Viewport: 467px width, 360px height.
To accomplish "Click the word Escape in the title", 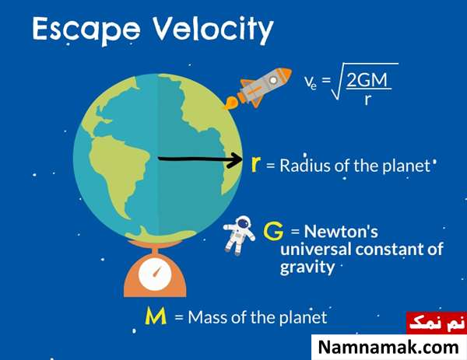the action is tap(86, 30).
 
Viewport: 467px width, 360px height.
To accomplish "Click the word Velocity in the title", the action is tap(213, 29).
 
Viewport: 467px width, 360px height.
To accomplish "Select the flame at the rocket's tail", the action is tap(231, 103).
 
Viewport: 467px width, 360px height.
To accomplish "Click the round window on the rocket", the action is tap(273, 80).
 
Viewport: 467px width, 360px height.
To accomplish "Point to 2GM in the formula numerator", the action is tap(367, 80).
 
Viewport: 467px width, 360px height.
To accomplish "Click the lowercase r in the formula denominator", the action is tap(367, 100).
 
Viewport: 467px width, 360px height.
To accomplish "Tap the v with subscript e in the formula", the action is tap(311, 81).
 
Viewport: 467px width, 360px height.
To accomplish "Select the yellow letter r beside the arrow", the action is tap(256, 164).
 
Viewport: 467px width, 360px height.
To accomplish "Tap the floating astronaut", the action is tap(239, 235).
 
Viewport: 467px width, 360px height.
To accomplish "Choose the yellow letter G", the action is tap(273, 232).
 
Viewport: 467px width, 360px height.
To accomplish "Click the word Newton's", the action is tap(341, 231).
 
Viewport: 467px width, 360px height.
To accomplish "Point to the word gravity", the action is tap(307, 267).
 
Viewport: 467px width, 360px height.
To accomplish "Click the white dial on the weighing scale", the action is tap(155, 274).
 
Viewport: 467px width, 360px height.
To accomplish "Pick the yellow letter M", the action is tap(156, 316).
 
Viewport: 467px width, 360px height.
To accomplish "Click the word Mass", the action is tap(208, 317).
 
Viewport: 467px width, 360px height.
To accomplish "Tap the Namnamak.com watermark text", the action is tap(388, 348).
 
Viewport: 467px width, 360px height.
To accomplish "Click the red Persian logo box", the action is tap(437, 323).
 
